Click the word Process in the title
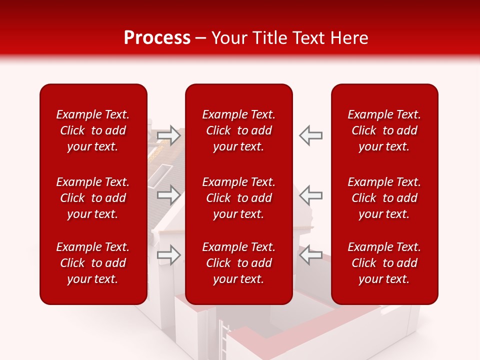157,38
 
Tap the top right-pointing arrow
168,135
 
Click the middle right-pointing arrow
168,194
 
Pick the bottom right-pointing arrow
168,255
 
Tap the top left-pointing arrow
311,135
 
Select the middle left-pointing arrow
311,194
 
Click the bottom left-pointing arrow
311,255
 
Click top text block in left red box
93,130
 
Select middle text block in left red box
93,198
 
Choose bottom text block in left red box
93,263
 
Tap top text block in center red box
238,130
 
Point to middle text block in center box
238,198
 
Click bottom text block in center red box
238,263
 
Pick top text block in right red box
384,130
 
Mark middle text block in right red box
384,198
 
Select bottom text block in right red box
384,263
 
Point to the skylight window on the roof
159,174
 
